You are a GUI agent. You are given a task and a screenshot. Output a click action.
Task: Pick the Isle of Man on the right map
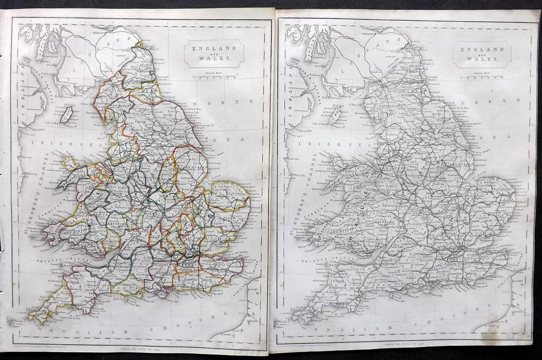[x=336, y=114]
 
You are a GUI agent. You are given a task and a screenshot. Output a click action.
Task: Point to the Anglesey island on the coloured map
[x=69, y=163]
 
